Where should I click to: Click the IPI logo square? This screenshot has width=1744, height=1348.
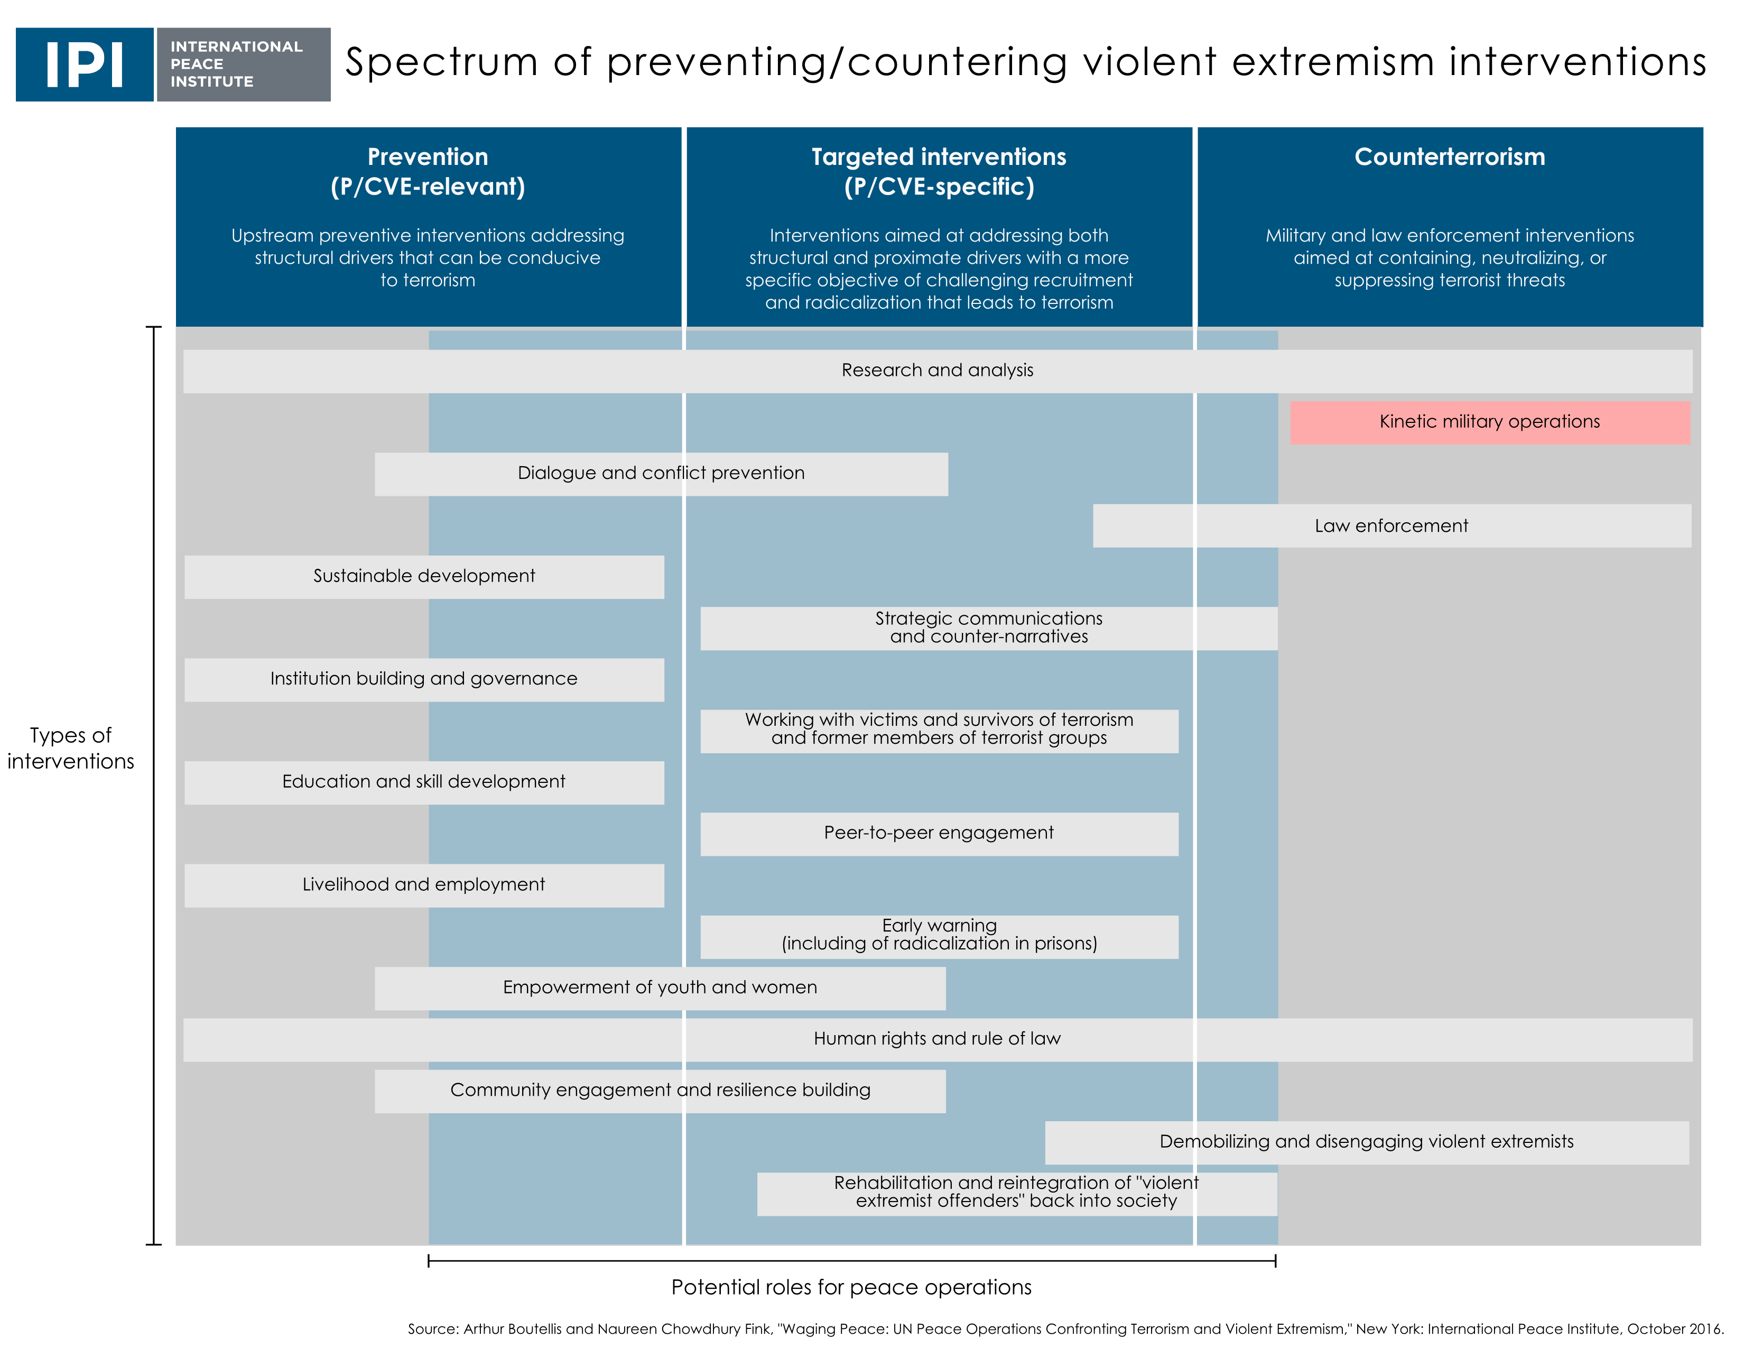pyautogui.click(x=85, y=64)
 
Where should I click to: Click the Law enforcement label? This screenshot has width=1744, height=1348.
pyautogui.click(x=1391, y=525)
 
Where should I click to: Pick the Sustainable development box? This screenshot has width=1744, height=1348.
pyautogui.click(x=424, y=577)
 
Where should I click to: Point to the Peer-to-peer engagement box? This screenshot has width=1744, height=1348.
pyautogui.click(x=939, y=834)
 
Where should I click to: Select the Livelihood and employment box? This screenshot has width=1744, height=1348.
pyautogui.click(x=424, y=885)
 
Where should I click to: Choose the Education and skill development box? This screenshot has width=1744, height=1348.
pyautogui.click(x=424, y=782)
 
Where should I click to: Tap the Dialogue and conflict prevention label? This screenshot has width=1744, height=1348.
pyautogui.click(x=661, y=473)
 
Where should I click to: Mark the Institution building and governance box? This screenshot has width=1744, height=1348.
pyautogui.click(x=424, y=680)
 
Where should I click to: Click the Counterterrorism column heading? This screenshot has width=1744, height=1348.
pyautogui.click(x=1449, y=156)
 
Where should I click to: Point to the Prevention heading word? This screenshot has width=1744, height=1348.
pyautogui.click(x=428, y=156)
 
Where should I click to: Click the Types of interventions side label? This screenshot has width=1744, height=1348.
pyautogui.click(x=71, y=748)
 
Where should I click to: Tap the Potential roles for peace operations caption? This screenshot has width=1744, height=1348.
pyautogui.click(x=851, y=1287)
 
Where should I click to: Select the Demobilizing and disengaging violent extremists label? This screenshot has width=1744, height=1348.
pyautogui.click(x=1366, y=1141)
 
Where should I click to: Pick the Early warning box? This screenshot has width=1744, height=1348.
pyautogui.click(x=939, y=937)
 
